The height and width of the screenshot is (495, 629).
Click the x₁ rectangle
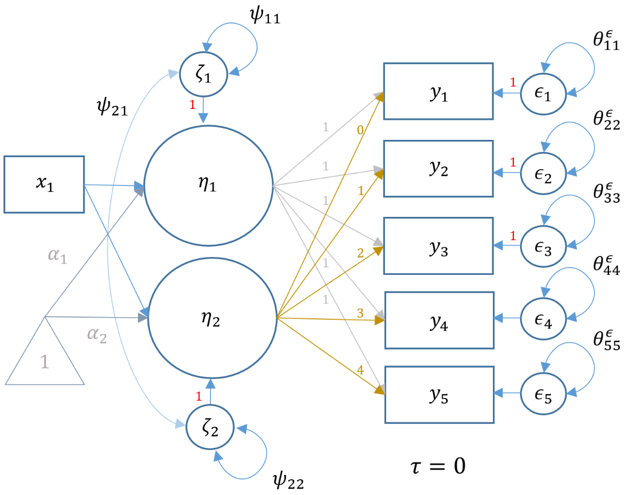tap(44, 184)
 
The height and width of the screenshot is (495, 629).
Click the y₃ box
tap(439, 246)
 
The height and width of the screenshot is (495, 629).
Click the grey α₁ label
tap(56, 255)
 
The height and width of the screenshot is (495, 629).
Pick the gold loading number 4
tap(360, 370)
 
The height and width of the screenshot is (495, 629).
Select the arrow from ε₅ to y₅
tap(508, 394)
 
